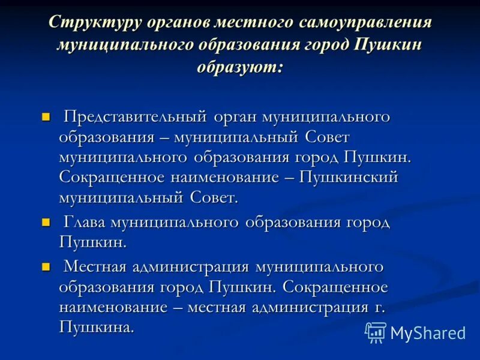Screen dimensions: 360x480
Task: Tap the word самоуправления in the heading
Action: (363, 23)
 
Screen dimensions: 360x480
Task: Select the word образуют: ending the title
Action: (240, 66)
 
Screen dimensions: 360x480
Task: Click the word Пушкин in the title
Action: (388, 45)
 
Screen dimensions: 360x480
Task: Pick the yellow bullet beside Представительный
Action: (46, 116)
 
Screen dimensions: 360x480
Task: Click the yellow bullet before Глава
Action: (46, 223)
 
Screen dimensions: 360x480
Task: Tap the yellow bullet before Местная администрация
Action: (46, 266)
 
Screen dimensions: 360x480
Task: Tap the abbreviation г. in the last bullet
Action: (377, 308)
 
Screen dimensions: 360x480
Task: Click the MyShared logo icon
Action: (376, 332)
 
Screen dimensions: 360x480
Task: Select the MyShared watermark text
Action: (427, 333)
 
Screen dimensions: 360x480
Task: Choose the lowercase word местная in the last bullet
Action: (217, 308)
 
